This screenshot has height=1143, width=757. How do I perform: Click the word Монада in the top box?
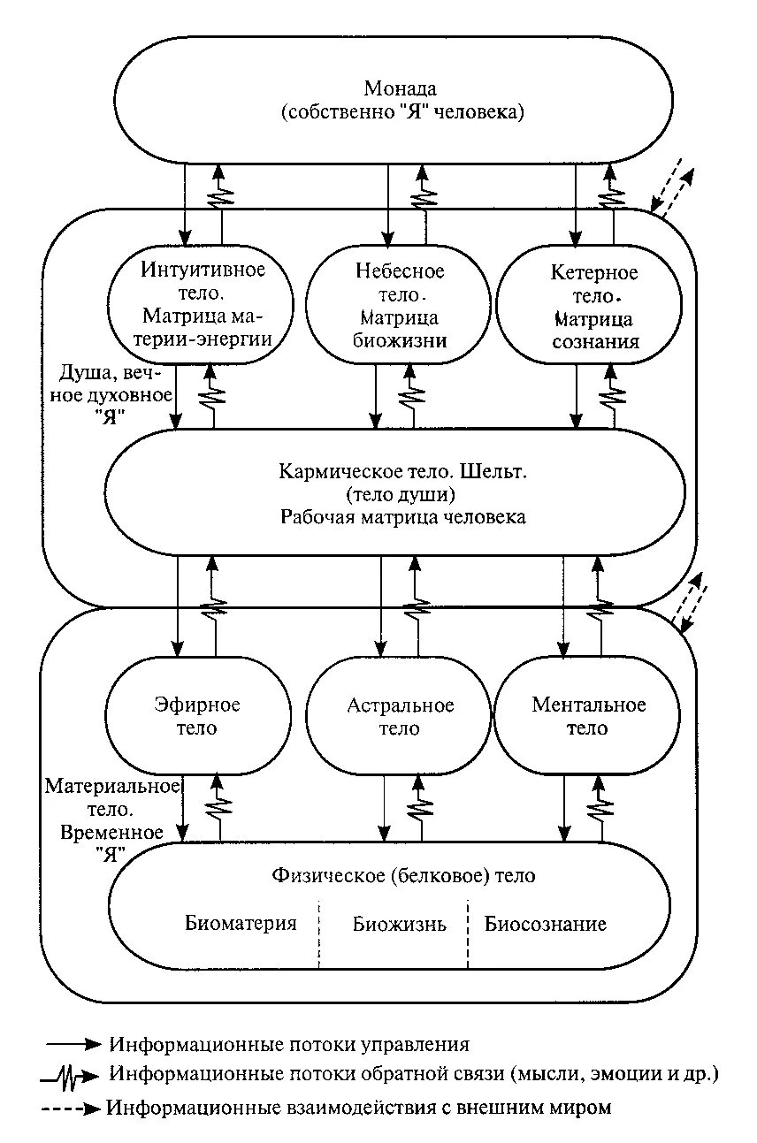(401, 89)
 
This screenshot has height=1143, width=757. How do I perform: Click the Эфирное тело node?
(198, 716)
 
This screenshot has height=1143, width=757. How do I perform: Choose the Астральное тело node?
(400, 716)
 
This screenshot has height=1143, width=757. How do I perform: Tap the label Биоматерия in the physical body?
(241, 924)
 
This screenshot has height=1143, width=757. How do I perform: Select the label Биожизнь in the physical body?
(399, 925)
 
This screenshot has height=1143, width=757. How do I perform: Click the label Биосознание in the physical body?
(546, 924)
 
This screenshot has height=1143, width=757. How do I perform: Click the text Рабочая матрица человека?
(402, 517)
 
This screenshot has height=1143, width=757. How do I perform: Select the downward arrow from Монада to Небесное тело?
(388, 204)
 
